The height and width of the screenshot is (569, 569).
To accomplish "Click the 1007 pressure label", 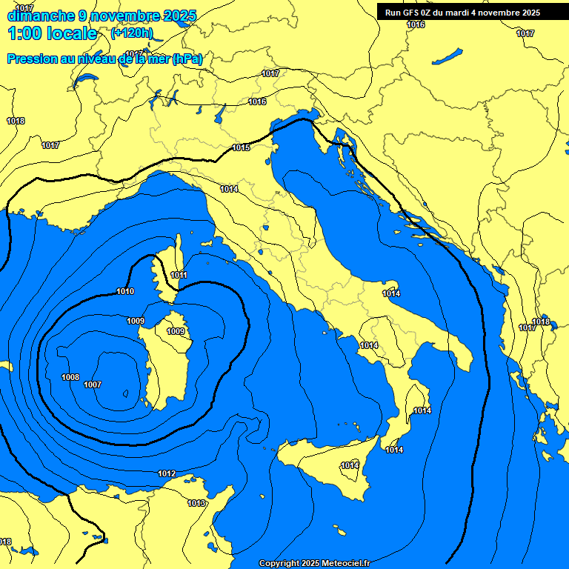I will [93, 385].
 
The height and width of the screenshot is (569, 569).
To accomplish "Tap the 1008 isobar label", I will [70, 377].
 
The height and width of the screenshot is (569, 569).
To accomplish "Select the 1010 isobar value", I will [125, 291].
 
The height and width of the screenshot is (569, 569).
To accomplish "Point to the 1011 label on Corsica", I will [179, 275].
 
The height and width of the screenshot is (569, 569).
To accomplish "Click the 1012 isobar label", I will [167, 473].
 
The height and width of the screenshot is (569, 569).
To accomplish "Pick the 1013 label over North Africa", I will [196, 504].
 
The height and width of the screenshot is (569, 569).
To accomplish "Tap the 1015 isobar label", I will [241, 147].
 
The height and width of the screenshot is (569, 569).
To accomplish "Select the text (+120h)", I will [132, 33].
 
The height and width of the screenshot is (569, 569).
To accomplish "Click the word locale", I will [71, 33].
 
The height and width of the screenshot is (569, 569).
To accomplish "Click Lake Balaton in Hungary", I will [447, 56].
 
